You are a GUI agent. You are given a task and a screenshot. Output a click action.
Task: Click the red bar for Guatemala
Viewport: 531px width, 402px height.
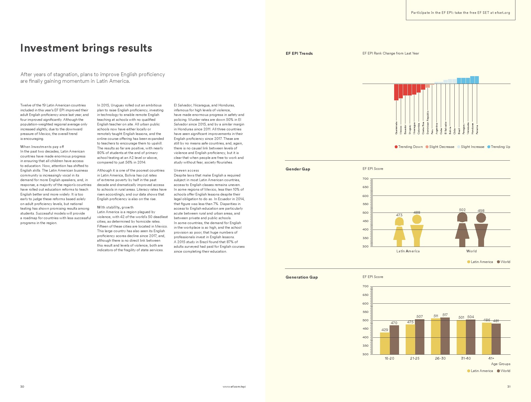pyautogui.click(x=396, y=92)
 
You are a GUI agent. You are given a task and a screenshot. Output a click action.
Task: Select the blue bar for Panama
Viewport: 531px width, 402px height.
pyautogui.click(x=477, y=80)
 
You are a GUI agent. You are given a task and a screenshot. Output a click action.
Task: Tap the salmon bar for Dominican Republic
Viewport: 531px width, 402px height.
pyautogui.click(x=428, y=86)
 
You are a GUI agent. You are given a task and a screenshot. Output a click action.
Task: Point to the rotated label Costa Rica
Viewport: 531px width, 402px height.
pyautogui.click(x=423, y=128)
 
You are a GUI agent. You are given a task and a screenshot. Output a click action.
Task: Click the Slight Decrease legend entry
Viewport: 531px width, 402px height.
pyautogui.click(x=440, y=147)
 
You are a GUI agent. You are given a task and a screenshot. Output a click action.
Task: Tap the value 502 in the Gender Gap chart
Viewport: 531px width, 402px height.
pyautogui.click(x=462, y=210)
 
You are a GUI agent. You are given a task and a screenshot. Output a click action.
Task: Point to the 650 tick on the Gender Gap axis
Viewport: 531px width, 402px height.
pyautogui.click(x=365, y=187)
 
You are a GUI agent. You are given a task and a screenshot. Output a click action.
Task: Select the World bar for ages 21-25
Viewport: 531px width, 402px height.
pyautogui.click(x=419, y=337)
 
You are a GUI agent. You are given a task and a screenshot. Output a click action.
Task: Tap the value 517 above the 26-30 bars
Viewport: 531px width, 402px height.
pyautogui.click(x=445, y=315)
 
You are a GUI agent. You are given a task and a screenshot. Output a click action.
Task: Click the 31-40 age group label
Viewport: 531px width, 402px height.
pyautogui.click(x=466, y=358)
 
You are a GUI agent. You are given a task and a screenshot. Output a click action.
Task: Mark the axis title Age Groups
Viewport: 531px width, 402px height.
pyautogui.click(x=500, y=364)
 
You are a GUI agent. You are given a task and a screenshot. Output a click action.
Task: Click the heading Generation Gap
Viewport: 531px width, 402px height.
pyautogui.click(x=301, y=277)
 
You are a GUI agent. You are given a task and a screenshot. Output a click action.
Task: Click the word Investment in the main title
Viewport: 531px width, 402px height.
pyautogui.click(x=49, y=48)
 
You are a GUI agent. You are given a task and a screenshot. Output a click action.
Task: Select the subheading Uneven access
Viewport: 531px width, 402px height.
pyautogui.click(x=186, y=170)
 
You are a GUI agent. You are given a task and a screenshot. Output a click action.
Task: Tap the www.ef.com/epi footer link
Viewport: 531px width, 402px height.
pyautogui.click(x=234, y=386)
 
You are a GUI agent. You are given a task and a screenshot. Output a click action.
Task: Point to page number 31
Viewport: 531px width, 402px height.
pyautogui.click(x=509, y=386)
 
